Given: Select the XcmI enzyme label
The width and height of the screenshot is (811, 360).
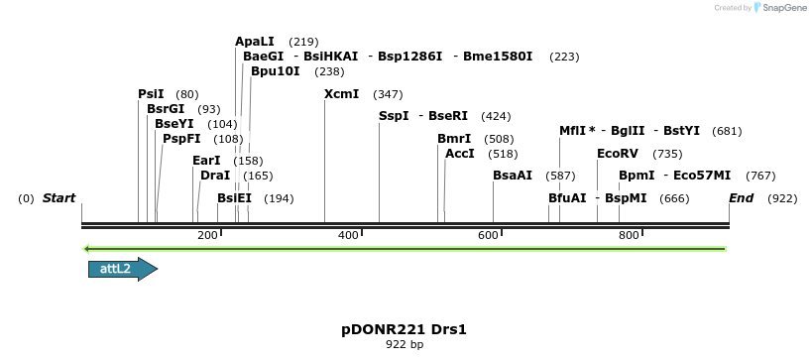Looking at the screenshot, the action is click(342, 94).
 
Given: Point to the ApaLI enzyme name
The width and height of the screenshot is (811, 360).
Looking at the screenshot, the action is click(255, 42).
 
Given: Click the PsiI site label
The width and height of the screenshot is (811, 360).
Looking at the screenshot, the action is click(151, 94).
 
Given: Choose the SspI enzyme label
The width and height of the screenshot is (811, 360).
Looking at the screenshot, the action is click(394, 116).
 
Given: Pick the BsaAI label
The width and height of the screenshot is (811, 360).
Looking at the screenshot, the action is click(513, 176).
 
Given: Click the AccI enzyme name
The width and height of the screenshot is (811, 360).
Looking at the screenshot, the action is click(460, 154).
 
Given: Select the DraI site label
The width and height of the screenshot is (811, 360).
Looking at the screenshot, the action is click(215, 176).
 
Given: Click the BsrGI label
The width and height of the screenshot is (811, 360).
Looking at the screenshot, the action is click(166, 109).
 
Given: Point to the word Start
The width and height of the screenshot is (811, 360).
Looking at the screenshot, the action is click(58, 198).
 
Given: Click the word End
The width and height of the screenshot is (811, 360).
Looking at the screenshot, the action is click(742, 198).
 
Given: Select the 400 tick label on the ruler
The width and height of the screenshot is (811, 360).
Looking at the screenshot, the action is click(349, 235).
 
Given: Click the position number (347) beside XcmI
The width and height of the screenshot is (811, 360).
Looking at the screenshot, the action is click(388, 94).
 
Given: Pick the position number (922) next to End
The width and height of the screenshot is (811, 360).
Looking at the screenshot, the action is click(782, 198).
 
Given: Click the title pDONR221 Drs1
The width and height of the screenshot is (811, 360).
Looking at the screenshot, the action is click(404, 329).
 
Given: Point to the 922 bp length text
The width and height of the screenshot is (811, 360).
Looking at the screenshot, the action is click(404, 345).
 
